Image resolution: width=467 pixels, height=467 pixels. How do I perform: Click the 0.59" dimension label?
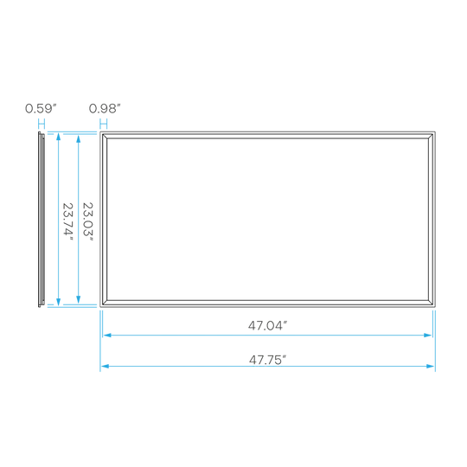[x=41, y=108]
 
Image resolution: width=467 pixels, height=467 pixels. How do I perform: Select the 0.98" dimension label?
[x=105, y=108]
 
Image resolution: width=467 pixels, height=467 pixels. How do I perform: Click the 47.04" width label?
[x=267, y=325]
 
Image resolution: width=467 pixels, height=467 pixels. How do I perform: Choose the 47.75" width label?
[x=267, y=360]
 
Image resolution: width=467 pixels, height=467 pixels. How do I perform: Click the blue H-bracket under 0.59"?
[x=42, y=124]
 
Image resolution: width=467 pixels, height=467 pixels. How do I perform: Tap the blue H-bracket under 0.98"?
[x=104, y=124]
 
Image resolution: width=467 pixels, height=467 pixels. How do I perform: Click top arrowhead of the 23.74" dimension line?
[x=59, y=137]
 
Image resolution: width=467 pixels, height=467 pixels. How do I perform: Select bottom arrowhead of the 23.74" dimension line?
[x=59, y=302]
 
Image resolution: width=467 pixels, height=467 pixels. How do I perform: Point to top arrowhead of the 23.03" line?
[x=79, y=139]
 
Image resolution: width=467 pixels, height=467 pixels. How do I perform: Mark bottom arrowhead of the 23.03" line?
[x=79, y=299]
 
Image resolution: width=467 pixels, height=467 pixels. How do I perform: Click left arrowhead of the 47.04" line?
[x=107, y=335]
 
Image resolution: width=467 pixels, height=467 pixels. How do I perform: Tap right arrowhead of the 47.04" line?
[x=428, y=335]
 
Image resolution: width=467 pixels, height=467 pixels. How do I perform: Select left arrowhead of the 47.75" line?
[x=105, y=366]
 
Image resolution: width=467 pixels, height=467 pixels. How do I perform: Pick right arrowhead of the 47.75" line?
[x=431, y=366]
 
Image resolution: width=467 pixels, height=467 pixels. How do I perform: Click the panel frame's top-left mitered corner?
[x=105, y=136]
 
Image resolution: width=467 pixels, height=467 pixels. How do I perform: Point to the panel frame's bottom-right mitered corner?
[x=431, y=303]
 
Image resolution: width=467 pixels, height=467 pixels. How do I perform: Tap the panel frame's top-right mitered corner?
[x=431, y=136]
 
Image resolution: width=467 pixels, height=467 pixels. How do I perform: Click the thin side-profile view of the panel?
[x=42, y=219]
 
